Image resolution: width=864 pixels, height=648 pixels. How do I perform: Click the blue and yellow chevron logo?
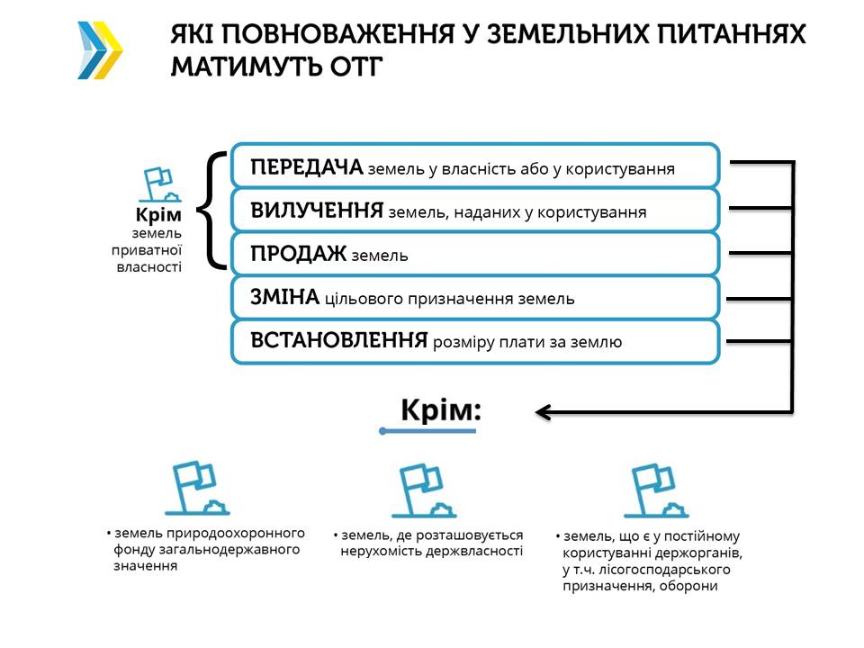point(100,50)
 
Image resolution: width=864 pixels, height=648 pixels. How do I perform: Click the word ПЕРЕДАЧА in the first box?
point(306,167)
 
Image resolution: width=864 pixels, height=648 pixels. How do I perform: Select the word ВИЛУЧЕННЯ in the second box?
point(317,211)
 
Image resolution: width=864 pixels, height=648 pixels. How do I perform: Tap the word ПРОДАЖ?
point(298,255)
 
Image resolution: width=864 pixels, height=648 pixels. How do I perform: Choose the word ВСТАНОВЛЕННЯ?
point(338,341)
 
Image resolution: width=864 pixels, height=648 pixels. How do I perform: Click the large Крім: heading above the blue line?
point(441,411)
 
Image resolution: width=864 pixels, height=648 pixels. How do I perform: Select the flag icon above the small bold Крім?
point(159,184)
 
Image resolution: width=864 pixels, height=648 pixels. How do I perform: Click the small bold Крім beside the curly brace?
point(158,216)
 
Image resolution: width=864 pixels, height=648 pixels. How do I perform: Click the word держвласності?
point(479,551)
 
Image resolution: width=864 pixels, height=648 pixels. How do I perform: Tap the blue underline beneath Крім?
point(428,431)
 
